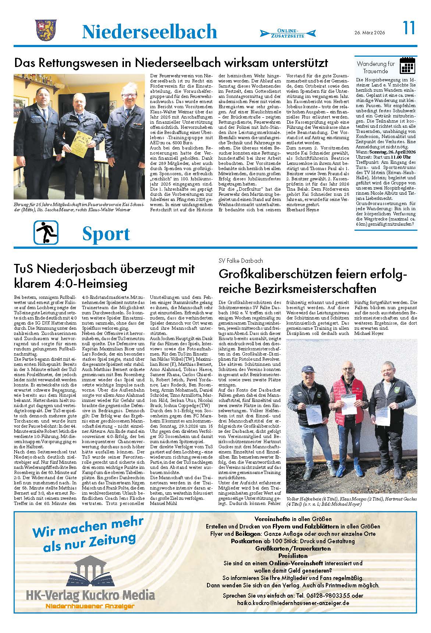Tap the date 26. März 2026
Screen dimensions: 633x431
[370, 33]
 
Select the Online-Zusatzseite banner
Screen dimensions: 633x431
[288, 33]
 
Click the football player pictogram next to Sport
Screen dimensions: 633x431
[46, 233]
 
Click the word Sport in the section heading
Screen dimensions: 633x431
[106, 234]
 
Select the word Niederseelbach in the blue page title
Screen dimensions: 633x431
[149, 31]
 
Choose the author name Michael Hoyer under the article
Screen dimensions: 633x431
[368, 333]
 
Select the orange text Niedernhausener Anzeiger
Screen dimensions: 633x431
[90, 606]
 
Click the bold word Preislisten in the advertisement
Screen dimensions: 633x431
[293, 556]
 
